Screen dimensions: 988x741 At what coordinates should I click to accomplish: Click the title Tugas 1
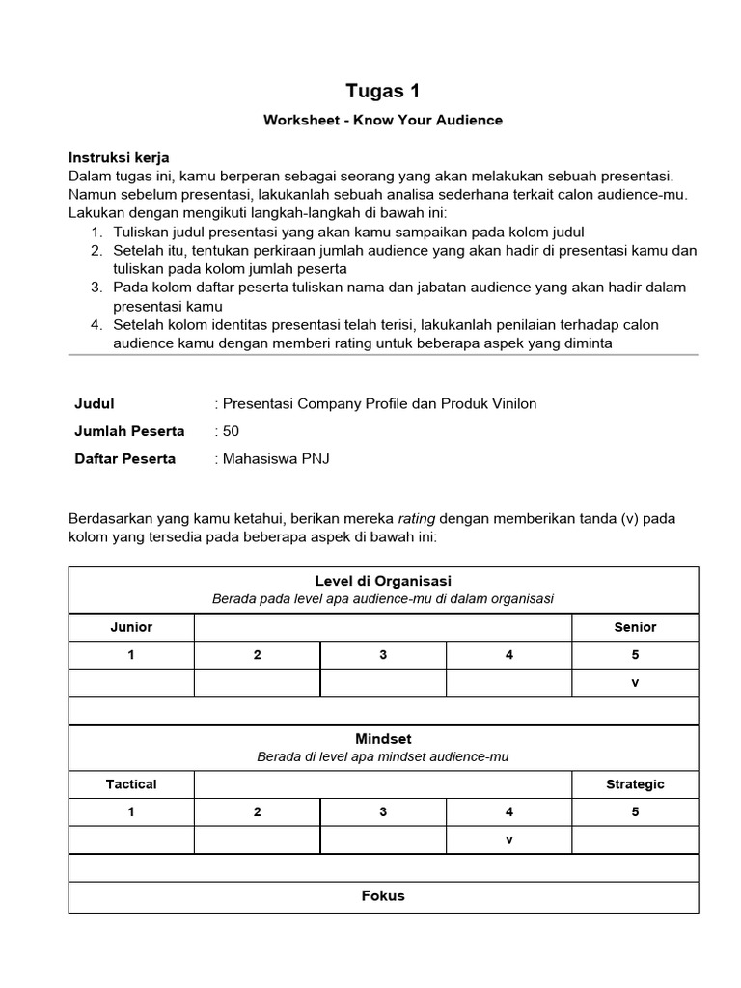point(383,91)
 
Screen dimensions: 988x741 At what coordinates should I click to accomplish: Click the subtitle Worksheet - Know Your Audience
point(383,121)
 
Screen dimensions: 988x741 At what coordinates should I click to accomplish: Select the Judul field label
point(94,403)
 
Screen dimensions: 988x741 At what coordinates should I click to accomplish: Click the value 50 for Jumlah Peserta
point(230,431)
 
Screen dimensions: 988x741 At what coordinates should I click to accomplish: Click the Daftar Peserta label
point(124,458)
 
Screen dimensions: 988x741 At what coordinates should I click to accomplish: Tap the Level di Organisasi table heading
point(383,581)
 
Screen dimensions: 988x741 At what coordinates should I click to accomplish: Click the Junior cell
point(131,627)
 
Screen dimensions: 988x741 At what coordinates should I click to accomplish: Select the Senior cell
point(635,627)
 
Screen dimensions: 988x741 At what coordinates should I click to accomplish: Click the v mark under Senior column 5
point(635,682)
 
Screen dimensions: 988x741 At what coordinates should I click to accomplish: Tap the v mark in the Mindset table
point(508,839)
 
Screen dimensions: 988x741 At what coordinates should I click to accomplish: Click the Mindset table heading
point(383,738)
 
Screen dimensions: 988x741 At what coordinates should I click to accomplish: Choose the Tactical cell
point(131,784)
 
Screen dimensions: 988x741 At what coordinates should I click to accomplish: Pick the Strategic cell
point(635,784)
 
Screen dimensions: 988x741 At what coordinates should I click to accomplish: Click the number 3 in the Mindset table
point(383,812)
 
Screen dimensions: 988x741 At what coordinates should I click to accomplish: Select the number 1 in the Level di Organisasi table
point(131,655)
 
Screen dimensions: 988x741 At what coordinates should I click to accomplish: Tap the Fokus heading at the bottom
point(383,895)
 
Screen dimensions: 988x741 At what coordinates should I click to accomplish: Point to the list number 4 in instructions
point(97,324)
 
